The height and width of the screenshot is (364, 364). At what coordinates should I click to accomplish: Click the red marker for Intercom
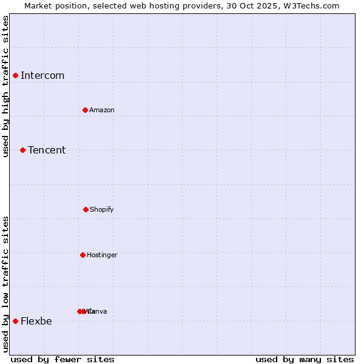[15, 75]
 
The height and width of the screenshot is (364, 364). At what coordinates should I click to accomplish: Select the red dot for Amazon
[85, 110]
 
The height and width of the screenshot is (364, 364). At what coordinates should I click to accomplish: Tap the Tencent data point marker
[22, 150]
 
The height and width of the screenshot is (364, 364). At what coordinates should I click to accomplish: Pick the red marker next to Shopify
[86, 209]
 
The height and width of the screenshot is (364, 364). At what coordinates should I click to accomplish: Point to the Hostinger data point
[83, 255]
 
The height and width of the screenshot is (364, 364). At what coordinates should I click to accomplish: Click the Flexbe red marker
[15, 321]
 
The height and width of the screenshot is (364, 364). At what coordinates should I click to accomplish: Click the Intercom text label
[42, 76]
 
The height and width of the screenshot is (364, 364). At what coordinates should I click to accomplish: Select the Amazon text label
[102, 110]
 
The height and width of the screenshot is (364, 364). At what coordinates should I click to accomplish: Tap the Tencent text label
[47, 150]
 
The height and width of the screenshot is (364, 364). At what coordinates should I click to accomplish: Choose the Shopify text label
[102, 210]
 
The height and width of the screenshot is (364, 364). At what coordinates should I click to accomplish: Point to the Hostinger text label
[102, 255]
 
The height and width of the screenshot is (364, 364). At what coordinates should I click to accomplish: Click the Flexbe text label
[36, 322]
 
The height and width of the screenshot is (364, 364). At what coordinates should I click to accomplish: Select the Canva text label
[98, 312]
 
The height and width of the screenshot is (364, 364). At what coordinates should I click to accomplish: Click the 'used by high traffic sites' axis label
[6, 86]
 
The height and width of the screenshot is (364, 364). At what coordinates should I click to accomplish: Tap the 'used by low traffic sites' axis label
[6, 283]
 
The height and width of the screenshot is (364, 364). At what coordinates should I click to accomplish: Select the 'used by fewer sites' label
[62, 359]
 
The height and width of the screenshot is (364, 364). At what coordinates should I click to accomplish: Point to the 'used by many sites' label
[305, 359]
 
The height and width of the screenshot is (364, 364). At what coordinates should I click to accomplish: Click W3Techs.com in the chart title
[311, 5]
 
